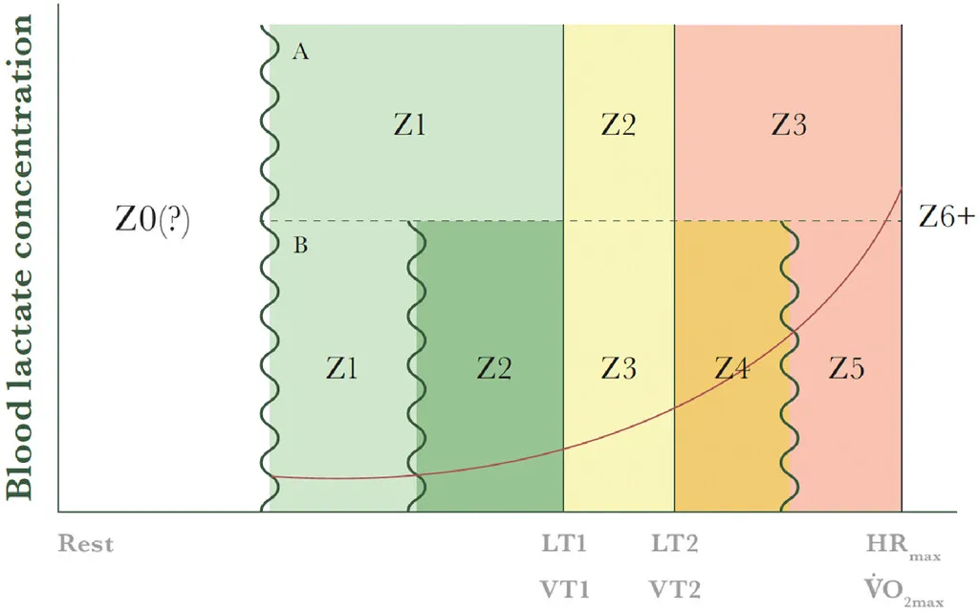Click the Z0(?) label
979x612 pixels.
[152, 221]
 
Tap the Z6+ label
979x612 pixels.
[946, 217]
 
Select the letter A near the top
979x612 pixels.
[301, 52]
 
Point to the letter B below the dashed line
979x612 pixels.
[301, 246]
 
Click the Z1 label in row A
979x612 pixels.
[410, 125]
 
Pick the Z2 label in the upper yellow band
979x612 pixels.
[619, 125]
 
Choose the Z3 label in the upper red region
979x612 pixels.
[789, 125]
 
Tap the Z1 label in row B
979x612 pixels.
[342, 368]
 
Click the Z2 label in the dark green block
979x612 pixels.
[494, 368]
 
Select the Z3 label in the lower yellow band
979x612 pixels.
[619, 368]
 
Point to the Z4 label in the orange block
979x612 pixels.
[731, 368]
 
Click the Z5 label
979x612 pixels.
[847, 368]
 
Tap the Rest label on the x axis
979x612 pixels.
[86, 544]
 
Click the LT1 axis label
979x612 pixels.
[564, 544]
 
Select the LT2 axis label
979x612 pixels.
[675, 544]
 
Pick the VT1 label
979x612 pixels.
[565, 589]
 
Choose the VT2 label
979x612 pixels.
[675, 589]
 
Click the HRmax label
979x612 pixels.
[903, 547]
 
